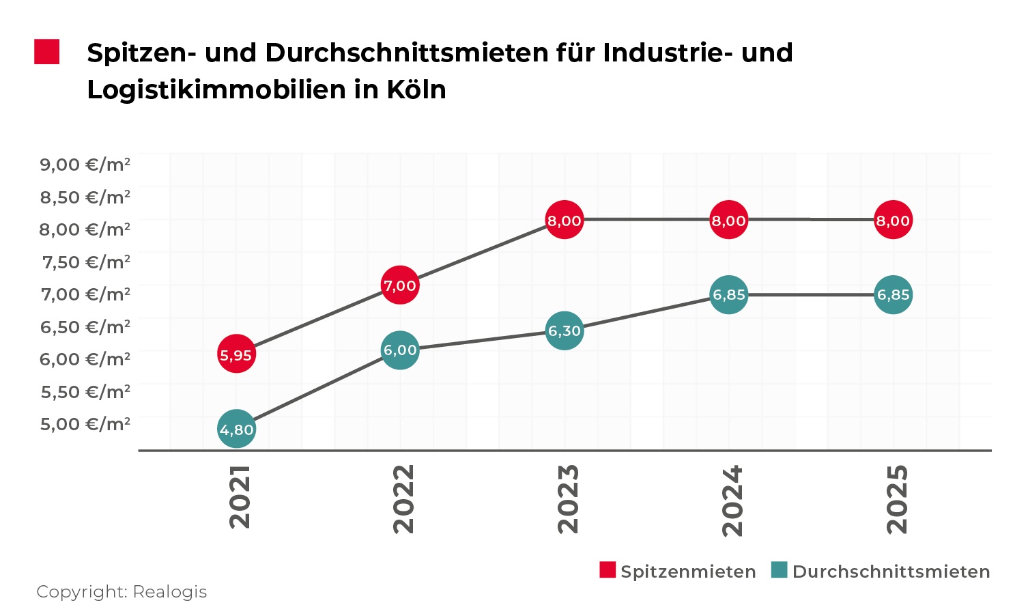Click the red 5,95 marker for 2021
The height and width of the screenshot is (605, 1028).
pyautogui.click(x=236, y=354)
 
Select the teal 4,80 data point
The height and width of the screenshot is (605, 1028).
pyautogui.click(x=236, y=429)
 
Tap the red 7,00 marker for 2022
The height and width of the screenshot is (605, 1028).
pyautogui.click(x=400, y=285)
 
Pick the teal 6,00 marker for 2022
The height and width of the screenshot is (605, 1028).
pyautogui.click(x=400, y=350)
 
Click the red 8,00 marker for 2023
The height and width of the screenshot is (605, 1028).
pyautogui.click(x=565, y=220)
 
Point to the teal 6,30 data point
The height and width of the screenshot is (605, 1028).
pyautogui.click(x=565, y=330)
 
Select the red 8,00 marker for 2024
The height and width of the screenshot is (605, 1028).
pyautogui.click(x=729, y=220)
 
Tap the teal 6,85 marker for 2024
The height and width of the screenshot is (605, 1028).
pyautogui.click(x=729, y=294)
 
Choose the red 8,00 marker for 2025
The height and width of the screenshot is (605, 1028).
pyautogui.click(x=893, y=220)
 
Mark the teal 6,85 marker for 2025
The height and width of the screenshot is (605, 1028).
pyautogui.click(x=893, y=294)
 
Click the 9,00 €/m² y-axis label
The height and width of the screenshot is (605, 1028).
pyautogui.click(x=85, y=165)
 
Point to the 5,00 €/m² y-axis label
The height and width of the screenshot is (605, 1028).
pyautogui.click(x=85, y=424)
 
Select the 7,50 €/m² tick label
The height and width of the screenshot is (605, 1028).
pyautogui.click(x=86, y=262)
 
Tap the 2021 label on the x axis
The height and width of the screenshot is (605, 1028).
pyautogui.click(x=240, y=497)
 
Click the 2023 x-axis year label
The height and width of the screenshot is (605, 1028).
pyautogui.click(x=568, y=498)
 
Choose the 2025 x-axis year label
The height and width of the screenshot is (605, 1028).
pyautogui.click(x=897, y=498)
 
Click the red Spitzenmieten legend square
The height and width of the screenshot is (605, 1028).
pyautogui.click(x=608, y=570)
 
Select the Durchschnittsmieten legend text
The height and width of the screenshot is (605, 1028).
pyautogui.click(x=891, y=572)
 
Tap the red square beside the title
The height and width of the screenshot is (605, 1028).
pyautogui.click(x=47, y=52)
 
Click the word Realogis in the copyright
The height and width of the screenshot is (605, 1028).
pyautogui.click(x=169, y=591)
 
